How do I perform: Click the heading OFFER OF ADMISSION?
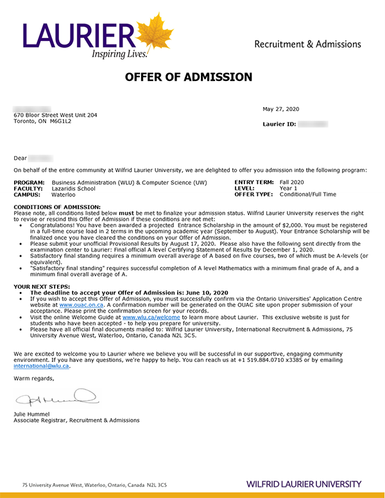point(189,78)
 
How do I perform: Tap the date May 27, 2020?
point(280,109)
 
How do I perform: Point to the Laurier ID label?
point(279,124)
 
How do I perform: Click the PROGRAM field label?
point(29,183)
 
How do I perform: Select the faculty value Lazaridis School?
point(73,189)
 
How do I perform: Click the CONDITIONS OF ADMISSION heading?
point(57,207)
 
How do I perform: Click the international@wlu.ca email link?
point(42,366)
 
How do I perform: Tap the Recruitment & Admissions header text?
point(307,44)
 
